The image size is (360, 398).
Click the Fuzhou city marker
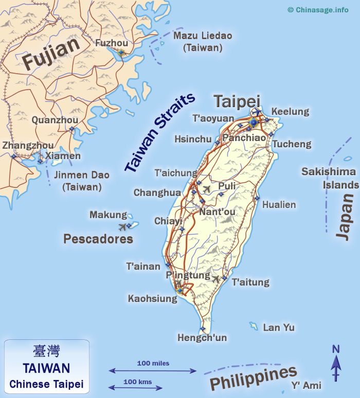[x=121, y=52]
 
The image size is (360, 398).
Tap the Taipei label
[x=237, y=101]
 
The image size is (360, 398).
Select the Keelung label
[x=290, y=111]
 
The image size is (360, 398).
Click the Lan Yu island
[x=254, y=326]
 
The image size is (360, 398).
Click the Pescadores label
[x=98, y=239]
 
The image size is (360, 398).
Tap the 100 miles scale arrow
[x=153, y=370]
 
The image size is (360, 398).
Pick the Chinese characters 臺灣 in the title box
[x=46, y=352]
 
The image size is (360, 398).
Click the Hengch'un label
[x=202, y=338]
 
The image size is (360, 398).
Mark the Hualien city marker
[x=257, y=198]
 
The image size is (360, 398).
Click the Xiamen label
[x=63, y=155]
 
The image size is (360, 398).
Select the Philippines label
[x=254, y=379]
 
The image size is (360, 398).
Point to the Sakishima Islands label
[x=330, y=178]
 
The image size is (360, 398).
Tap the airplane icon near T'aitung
[x=216, y=279]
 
